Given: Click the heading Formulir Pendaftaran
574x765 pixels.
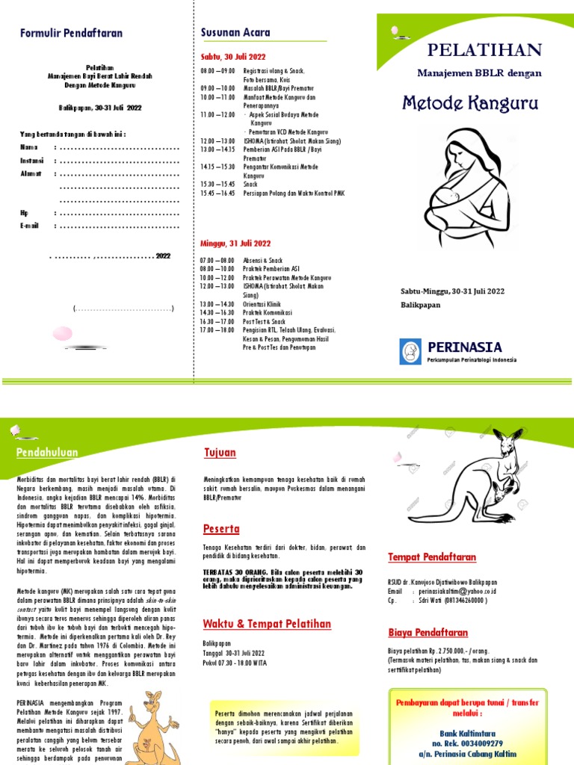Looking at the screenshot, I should click(71, 34).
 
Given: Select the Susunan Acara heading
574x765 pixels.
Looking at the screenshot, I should click(235, 32).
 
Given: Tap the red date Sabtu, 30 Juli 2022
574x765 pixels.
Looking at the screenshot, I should click(234, 56).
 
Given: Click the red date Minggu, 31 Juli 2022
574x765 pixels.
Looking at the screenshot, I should click(235, 244).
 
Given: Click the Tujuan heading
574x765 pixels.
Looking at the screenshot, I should click(220, 453).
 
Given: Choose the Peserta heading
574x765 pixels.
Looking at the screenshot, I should click(222, 529).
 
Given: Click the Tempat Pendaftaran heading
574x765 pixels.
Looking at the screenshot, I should click(431, 557).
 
